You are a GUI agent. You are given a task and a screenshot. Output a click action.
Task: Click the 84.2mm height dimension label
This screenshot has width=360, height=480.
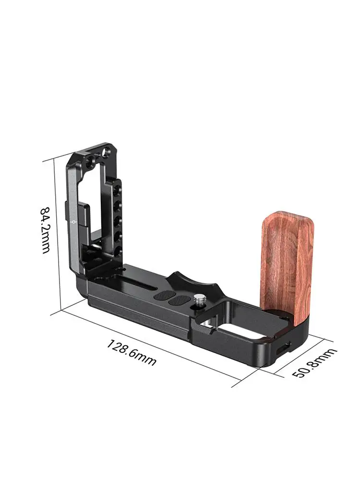pos(45,230)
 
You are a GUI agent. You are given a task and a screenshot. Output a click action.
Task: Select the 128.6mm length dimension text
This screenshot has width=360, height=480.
pos(132,352)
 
